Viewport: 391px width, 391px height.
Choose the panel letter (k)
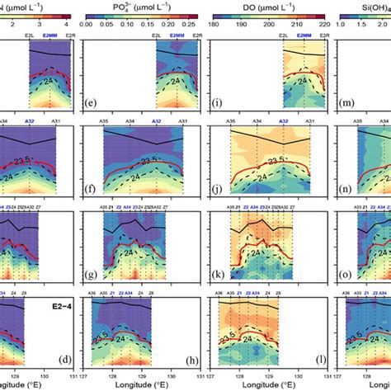(224, 273)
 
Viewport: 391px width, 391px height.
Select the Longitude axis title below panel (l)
(261, 384)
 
